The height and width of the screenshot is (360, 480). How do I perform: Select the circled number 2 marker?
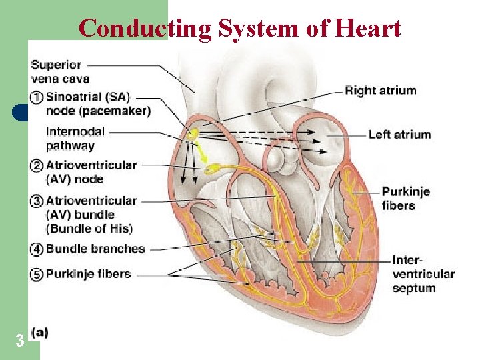37,165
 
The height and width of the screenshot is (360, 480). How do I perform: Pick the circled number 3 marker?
37,200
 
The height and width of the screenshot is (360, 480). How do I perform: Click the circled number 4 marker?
37,249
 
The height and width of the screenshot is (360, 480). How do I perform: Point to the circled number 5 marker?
37,274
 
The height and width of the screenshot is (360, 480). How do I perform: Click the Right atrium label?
380,91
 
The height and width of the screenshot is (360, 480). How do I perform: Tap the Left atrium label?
399,135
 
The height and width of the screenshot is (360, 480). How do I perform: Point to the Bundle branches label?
95,249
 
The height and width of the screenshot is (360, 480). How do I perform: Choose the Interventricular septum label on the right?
423,274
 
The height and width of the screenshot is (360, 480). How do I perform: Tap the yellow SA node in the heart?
193,135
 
